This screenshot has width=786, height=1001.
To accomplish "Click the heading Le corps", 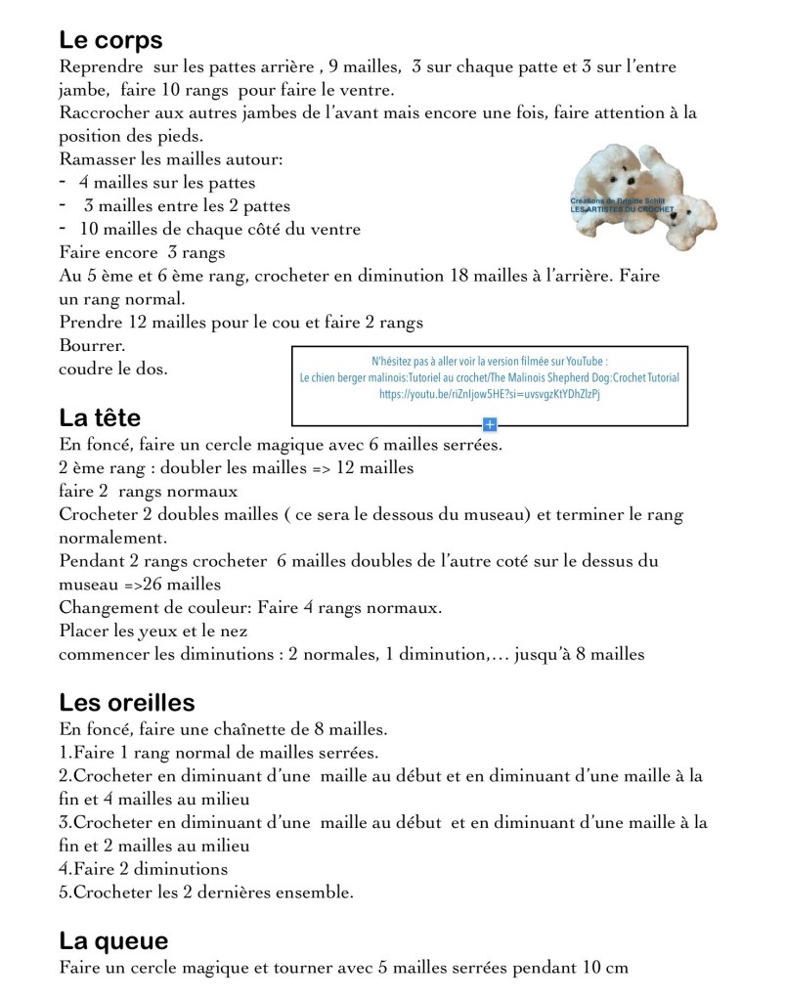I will [x=110, y=41].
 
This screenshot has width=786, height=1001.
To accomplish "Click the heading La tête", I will [x=100, y=418].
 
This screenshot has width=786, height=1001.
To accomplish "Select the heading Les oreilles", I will [x=127, y=703].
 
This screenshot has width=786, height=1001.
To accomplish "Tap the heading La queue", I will [x=113, y=941].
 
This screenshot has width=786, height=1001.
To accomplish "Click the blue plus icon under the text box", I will [x=490, y=424].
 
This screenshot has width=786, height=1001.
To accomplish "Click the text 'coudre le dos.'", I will [x=112, y=370].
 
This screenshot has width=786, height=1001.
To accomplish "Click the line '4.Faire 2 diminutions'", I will [x=143, y=869].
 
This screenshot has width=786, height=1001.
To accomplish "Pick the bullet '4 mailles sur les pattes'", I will [x=167, y=183].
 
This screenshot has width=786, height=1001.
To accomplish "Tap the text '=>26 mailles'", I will [x=140, y=585].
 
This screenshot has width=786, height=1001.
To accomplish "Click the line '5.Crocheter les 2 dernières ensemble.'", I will [x=206, y=892].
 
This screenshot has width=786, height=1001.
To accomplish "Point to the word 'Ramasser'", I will [x=96, y=159].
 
